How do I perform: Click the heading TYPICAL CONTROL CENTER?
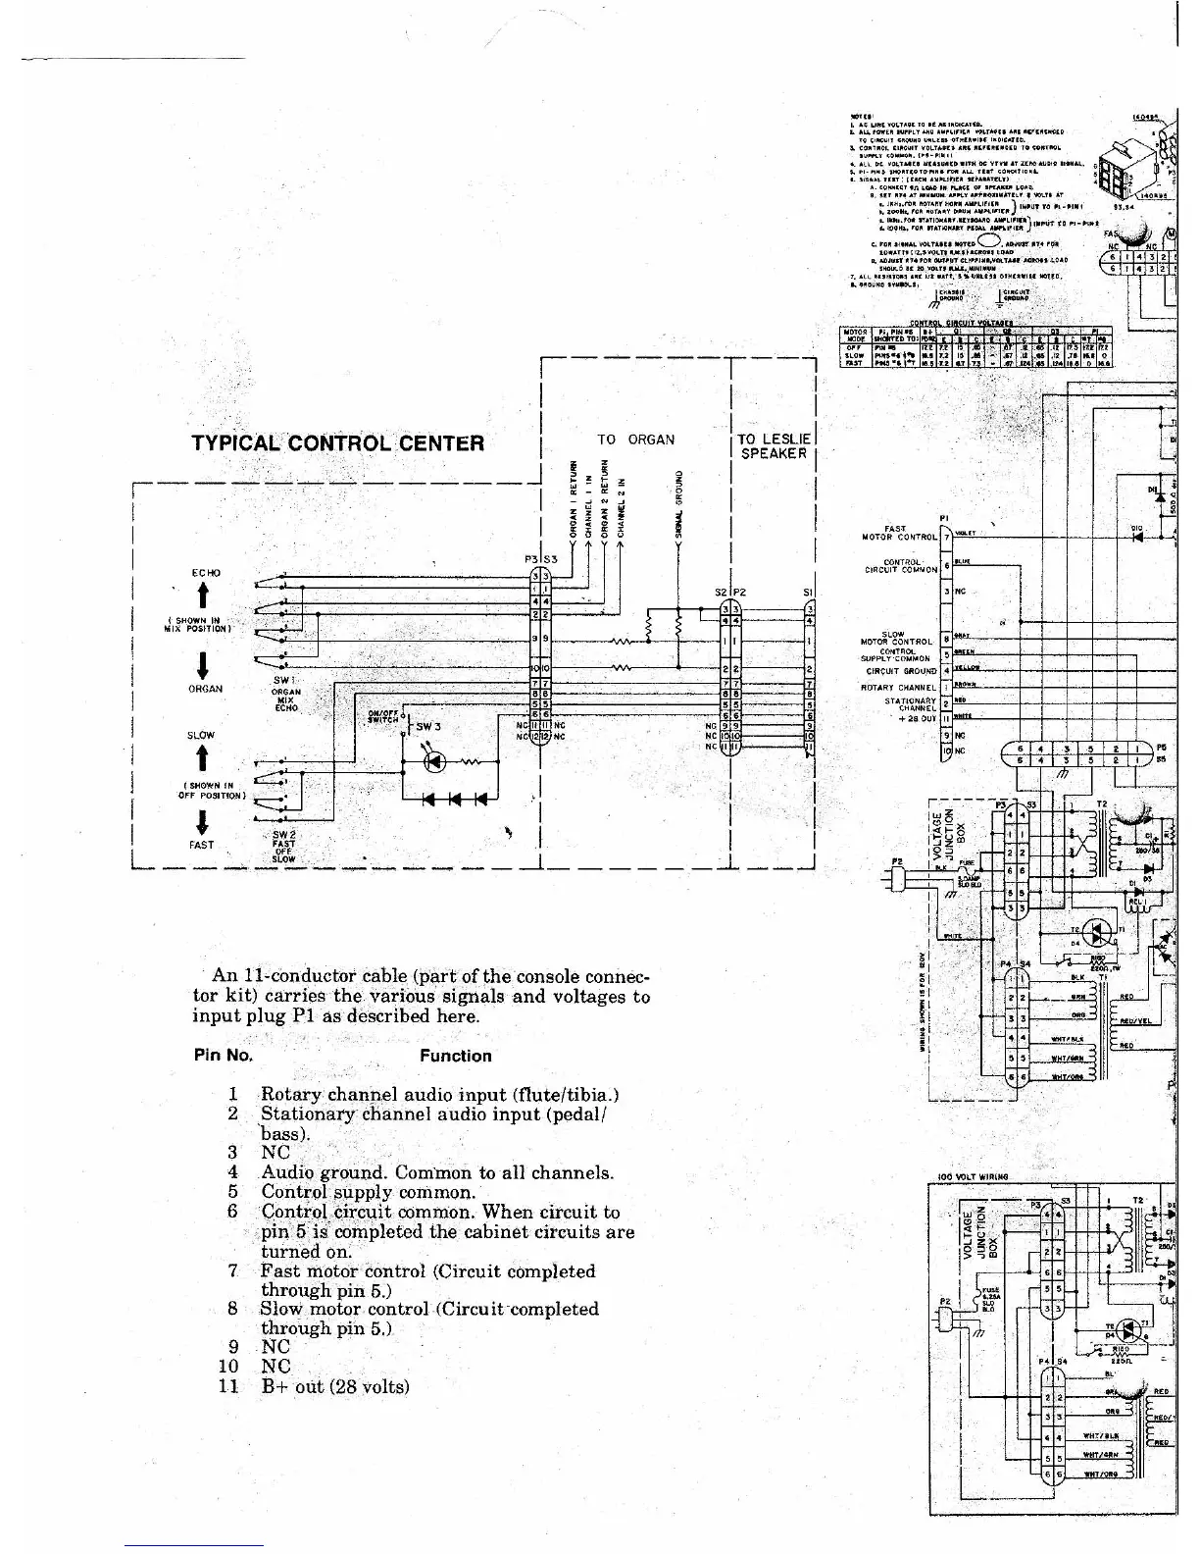pos(338,442)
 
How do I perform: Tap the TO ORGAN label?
pos(636,440)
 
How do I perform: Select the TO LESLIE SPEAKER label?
pos(774,446)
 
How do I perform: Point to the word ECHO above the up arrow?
pos(206,572)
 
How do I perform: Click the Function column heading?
pos(455,1057)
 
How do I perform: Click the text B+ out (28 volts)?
pos(335,1386)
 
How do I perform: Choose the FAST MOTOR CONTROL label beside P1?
pos(898,533)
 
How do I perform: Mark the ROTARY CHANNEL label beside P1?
pos(898,687)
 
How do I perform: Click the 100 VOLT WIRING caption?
pos(973,1176)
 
